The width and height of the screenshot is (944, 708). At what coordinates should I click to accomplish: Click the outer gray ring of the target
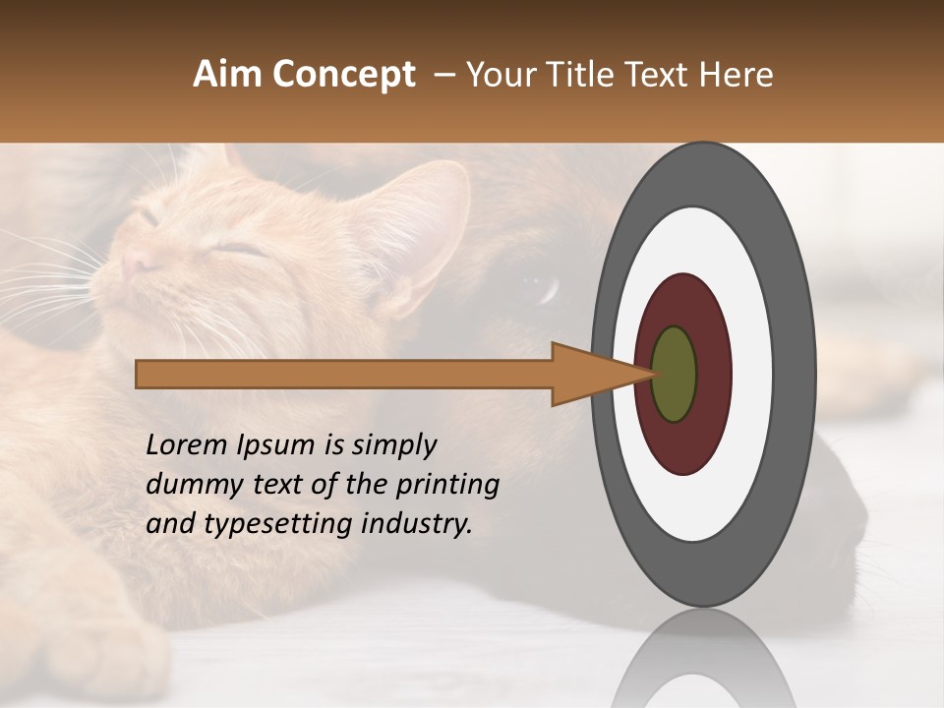tap(796, 375)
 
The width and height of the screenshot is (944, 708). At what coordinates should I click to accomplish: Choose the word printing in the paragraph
tap(447, 486)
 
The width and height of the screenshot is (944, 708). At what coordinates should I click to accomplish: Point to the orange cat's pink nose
tap(135, 264)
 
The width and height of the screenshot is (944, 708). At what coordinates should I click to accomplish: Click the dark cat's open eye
tap(538, 288)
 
